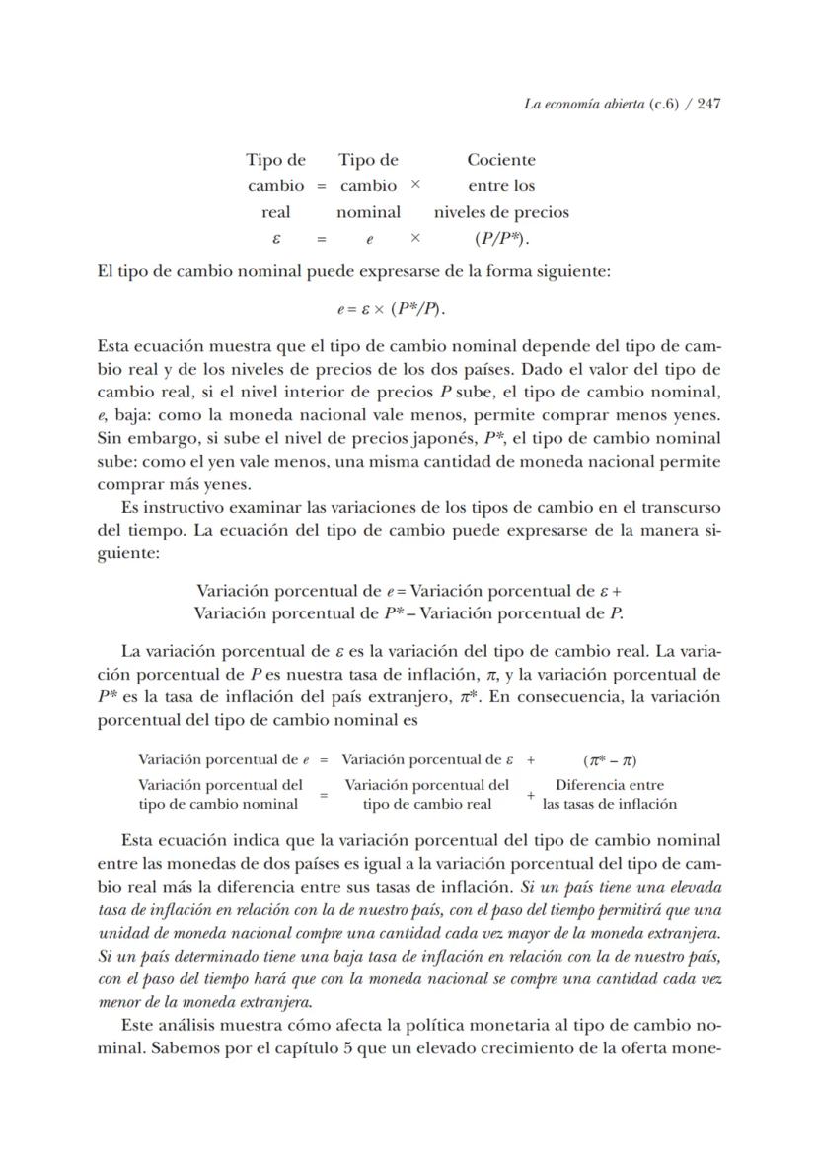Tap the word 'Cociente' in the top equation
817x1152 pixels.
click(x=501, y=160)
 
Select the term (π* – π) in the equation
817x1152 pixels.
click(x=610, y=760)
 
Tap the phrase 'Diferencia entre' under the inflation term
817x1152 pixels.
click(x=610, y=785)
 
